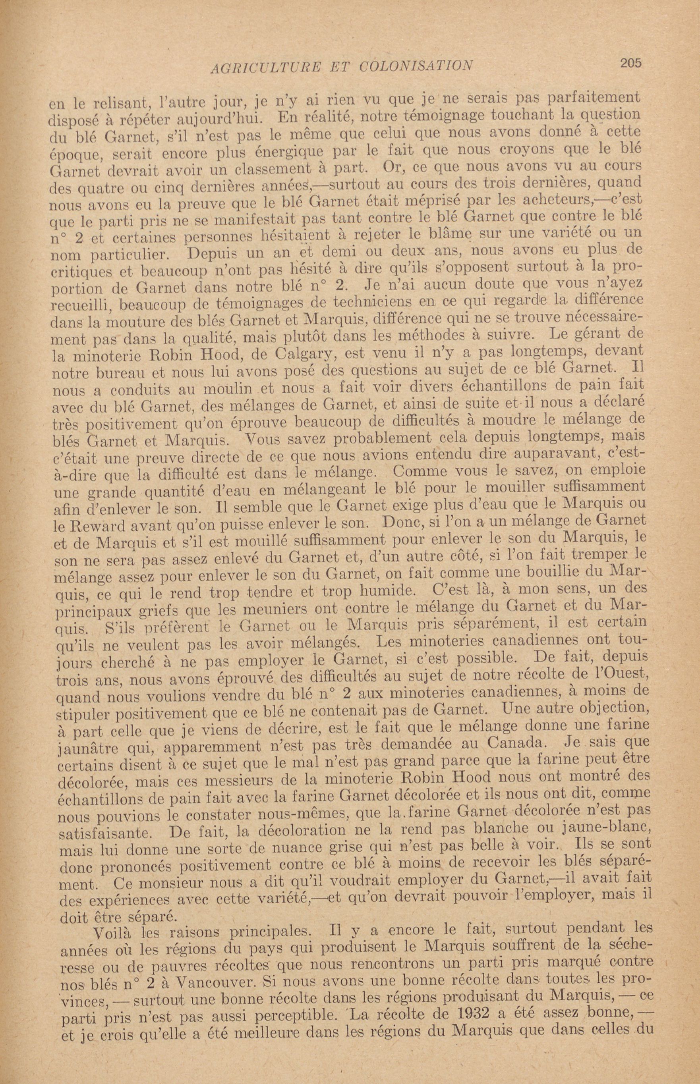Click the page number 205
(x=631, y=63)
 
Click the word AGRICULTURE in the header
(x=266, y=67)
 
